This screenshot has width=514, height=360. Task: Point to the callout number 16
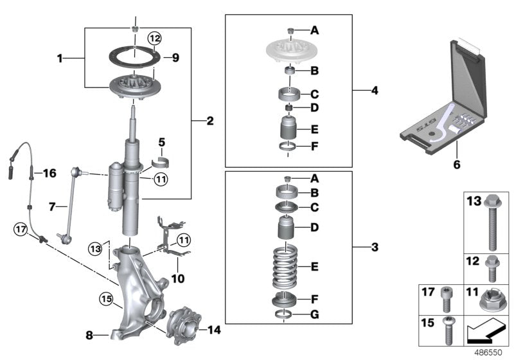49,172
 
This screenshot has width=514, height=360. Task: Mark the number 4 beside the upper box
375,91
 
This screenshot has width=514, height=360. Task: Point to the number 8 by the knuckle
89,334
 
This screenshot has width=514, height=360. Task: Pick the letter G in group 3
314,315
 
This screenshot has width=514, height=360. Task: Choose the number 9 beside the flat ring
175,58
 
